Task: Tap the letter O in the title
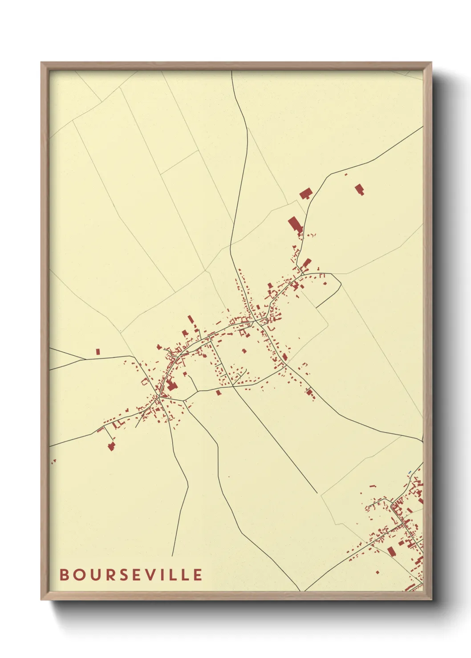point(79,574)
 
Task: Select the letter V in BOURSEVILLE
point(152,574)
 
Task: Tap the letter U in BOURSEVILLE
point(95,574)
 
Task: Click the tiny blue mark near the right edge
point(410,472)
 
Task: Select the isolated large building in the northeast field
point(359,189)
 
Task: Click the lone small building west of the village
point(98,352)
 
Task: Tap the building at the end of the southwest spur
point(111,446)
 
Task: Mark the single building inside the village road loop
point(244,351)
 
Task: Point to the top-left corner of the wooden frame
point(42,63)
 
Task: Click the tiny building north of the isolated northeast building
point(346,175)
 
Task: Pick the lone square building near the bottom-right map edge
point(378,572)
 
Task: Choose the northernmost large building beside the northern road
point(305,194)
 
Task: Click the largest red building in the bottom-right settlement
point(391,551)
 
